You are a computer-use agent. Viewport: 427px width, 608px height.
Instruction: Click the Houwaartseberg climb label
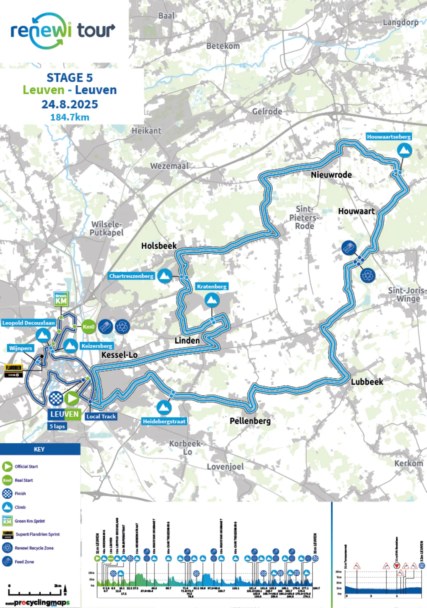click(x=389, y=137)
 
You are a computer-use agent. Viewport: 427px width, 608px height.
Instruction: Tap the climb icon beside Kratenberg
click(x=212, y=300)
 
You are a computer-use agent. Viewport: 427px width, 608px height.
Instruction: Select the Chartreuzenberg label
click(x=131, y=276)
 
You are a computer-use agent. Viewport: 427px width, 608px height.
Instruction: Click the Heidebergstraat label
click(x=164, y=421)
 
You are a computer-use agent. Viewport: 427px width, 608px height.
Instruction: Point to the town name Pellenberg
click(x=250, y=421)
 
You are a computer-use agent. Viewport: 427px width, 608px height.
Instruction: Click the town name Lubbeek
click(x=367, y=382)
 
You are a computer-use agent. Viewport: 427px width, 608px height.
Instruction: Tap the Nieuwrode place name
click(x=331, y=175)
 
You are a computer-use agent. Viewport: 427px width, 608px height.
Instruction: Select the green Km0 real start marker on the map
click(x=88, y=327)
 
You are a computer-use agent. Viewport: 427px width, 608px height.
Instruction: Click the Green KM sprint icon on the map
click(x=61, y=299)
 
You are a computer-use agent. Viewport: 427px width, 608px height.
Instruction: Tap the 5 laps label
click(x=57, y=426)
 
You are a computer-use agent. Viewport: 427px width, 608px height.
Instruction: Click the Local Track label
click(x=101, y=416)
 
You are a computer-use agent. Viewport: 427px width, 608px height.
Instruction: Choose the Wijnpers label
click(x=21, y=348)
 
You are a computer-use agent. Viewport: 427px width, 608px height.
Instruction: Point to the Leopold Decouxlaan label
click(x=28, y=323)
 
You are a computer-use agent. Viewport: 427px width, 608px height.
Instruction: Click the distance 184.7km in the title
click(x=70, y=117)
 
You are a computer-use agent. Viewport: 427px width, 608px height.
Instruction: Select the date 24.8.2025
click(x=70, y=104)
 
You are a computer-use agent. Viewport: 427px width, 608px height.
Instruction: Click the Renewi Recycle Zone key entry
click(x=34, y=548)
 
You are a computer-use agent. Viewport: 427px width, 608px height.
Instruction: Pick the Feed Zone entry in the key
click(x=24, y=562)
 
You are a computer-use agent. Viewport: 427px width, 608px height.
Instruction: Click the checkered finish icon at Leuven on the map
click(x=56, y=398)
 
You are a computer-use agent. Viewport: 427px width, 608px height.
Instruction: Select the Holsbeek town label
click(x=159, y=246)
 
